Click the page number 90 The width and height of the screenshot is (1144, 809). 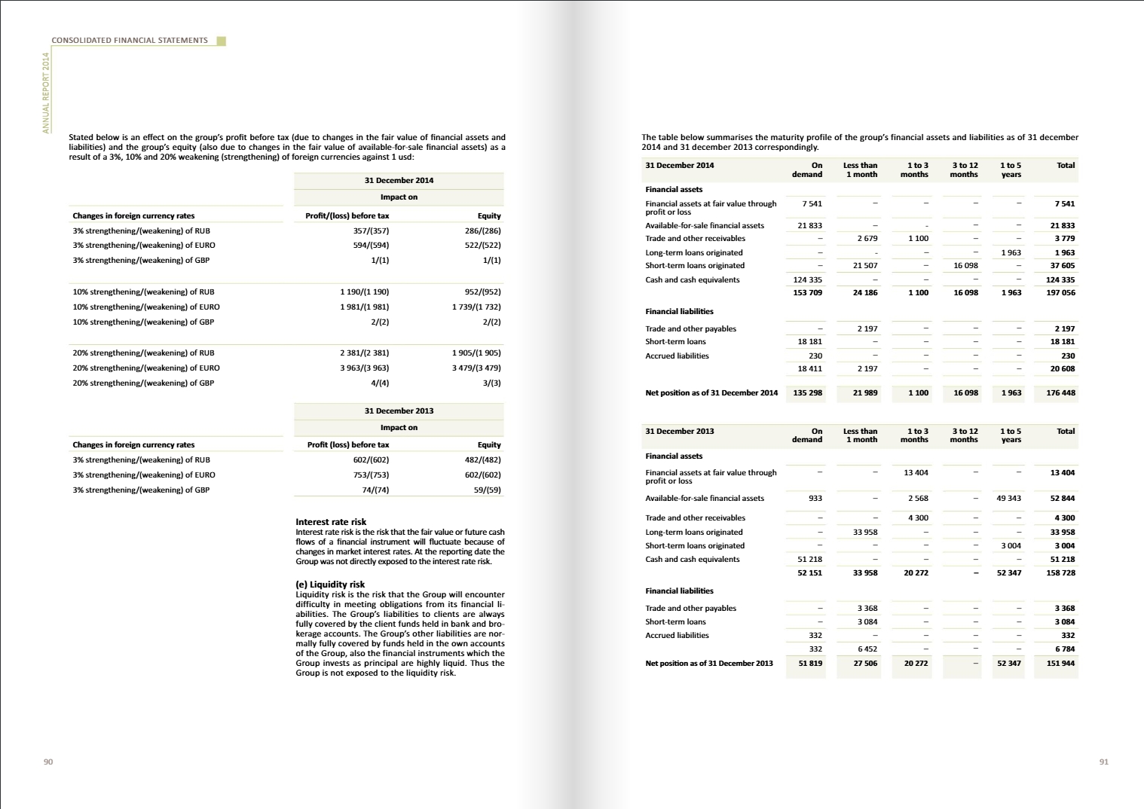[x=48, y=762]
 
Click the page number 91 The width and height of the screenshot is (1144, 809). [x=1103, y=762]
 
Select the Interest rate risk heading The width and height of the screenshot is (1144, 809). [x=331, y=522]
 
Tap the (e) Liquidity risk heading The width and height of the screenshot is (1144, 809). [x=330, y=585]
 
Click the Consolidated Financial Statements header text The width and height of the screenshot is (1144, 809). [x=130, y=41]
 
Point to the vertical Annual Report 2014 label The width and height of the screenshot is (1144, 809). [x=46, y=93]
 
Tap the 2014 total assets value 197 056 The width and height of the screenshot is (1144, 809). [x=1060, y=293]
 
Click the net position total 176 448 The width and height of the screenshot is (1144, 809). [x=1060, y=393]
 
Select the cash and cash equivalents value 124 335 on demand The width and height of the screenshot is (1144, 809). [x=807, y=280]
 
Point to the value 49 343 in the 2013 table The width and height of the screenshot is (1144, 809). [x=1008, y=499]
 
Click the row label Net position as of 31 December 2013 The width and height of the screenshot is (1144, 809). [x=708, y=664]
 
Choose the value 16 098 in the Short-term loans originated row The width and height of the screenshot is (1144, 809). [x=965, y=266]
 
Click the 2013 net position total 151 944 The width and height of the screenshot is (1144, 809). [x=1060, y=664]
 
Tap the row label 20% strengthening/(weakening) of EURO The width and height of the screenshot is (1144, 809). [x=146, y=368]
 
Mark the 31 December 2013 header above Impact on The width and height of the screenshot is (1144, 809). [x=399, y=411]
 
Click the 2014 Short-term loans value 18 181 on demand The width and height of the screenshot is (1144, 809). [x=809, y=342]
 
